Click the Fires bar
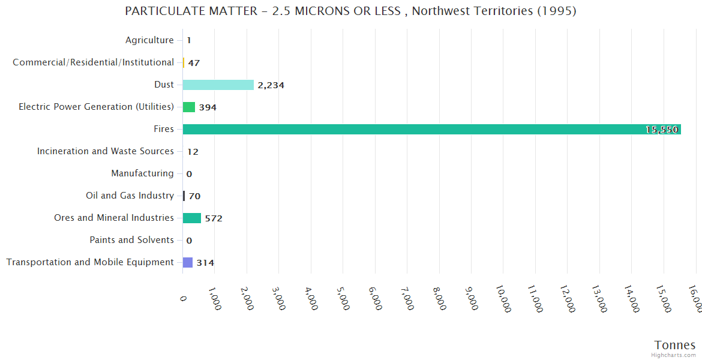pos(431,129)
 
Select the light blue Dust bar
pos(218,85)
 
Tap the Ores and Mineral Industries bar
pos(192,218)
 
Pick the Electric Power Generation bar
pos(189,107)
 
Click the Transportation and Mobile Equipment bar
pos(188,262)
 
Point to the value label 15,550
pos(662,130)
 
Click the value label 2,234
pos(271,85)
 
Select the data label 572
pos(214,218)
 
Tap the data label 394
pos(208,107)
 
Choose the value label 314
pos(205,263)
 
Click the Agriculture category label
pos(149,40)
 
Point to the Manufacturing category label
pos(142,173)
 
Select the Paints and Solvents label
pos(131,240)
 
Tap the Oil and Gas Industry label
pos(130,196)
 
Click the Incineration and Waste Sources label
pos(106,151)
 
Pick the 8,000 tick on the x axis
pos(439,297)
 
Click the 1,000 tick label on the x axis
pos(215,297)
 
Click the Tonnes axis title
pos(674,345)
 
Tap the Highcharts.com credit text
pos(674,355)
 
